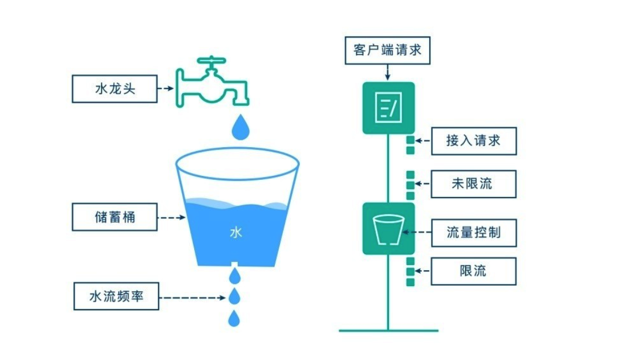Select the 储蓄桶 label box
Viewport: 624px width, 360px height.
(x=114, y=217)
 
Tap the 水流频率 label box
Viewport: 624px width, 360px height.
(x=116, y=297)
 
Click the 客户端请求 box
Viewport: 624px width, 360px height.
(x=387, y=50)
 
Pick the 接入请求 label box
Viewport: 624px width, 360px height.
(x=473, y=141)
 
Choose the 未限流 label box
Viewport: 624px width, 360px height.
(x=473, y=184)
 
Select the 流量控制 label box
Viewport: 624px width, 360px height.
(x=473, y=232)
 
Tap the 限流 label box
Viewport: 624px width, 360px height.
(x=473, y=271)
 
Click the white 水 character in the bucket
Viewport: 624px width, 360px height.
(x=236, y=233)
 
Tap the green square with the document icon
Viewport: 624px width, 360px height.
(x=388, y=108)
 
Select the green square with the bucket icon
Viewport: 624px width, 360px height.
(x=388, y=228)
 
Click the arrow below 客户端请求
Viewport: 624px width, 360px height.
(x=387, y=72)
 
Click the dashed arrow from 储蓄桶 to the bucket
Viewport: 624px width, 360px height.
(x=171, y=218)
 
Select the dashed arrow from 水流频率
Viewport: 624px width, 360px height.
(x=193, y=298)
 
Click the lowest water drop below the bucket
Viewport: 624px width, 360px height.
(x=235, y=318)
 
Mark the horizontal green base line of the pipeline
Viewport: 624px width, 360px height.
(x=388, y=331)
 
